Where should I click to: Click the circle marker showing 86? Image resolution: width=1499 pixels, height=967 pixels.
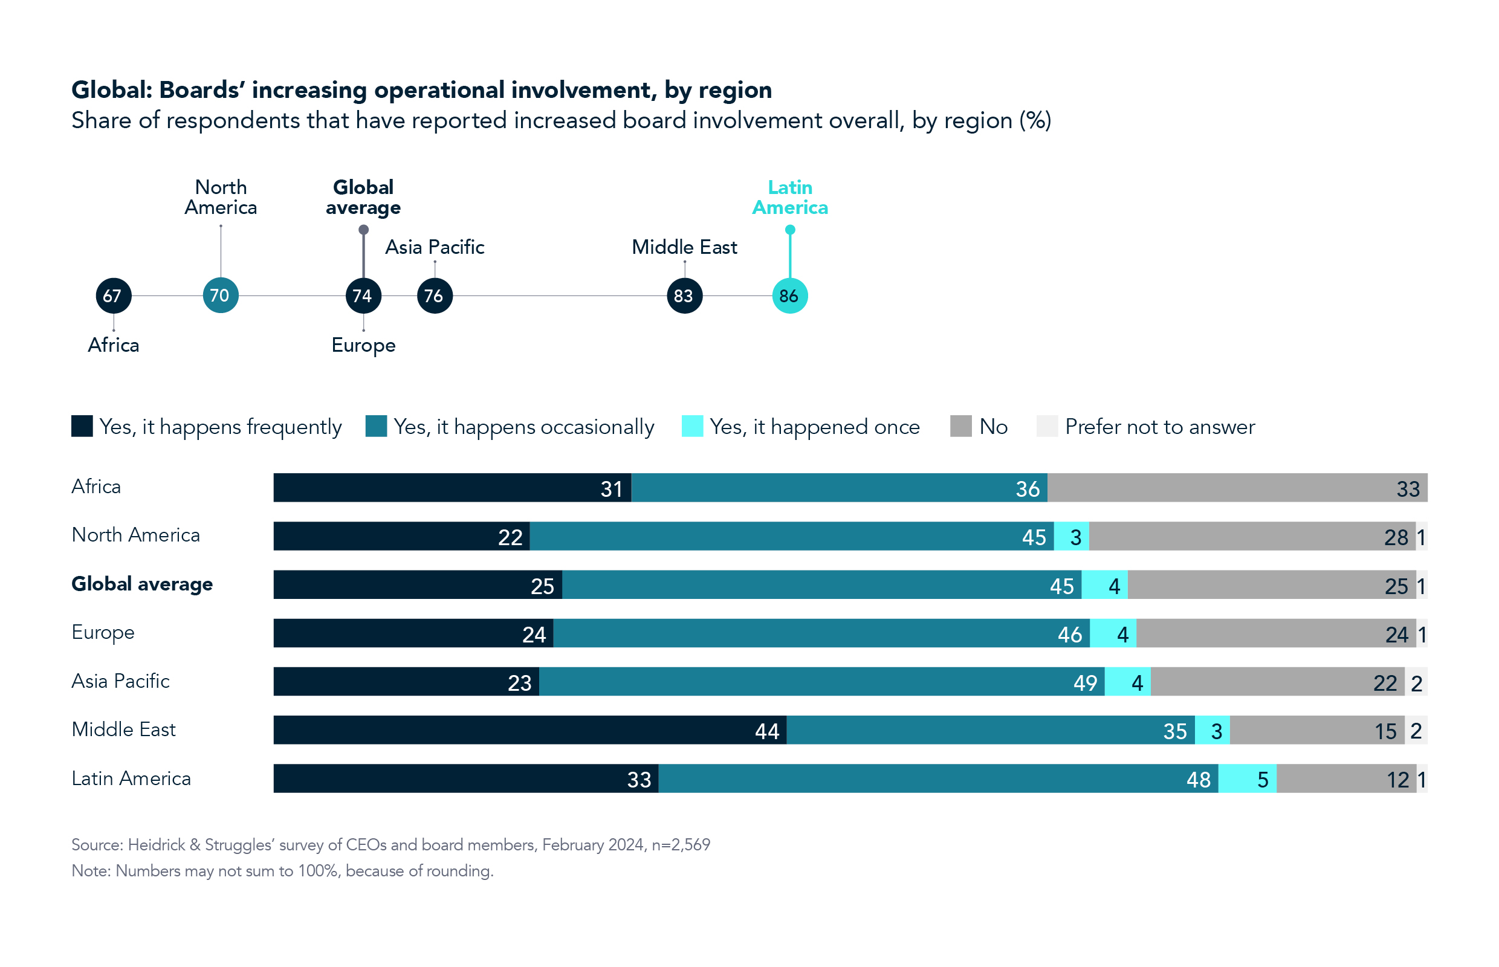(789, 296)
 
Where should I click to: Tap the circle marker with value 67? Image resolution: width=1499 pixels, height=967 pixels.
(113, 296)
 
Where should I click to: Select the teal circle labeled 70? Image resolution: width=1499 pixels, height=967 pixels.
(221, 295)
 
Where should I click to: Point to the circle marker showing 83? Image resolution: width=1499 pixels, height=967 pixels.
(684, 296)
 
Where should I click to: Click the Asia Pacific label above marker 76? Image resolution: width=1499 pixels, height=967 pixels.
(435, 247)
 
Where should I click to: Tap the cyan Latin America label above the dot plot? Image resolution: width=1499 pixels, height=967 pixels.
(789, 197)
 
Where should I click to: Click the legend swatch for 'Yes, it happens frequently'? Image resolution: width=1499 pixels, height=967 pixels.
(82, 426)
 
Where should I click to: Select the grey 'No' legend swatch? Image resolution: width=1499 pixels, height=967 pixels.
(960, 426)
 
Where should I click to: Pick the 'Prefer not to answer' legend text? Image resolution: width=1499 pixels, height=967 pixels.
(1159, 427)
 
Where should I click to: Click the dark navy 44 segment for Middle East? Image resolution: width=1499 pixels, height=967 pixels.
(529, 730)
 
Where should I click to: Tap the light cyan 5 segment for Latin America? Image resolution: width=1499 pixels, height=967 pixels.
(1246, 778)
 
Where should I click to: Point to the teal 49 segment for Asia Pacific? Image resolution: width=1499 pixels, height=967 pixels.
(821, 682)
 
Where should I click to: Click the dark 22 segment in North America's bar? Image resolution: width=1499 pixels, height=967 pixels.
(401, 536)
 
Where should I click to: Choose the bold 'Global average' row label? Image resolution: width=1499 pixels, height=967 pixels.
(142, 584)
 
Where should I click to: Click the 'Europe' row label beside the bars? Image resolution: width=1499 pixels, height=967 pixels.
(103, 632)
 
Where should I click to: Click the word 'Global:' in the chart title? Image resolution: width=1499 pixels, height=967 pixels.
(112, 91)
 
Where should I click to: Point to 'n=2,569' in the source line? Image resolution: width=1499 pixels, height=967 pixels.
(680, 844)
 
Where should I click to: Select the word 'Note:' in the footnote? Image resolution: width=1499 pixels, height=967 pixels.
(91, 871)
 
